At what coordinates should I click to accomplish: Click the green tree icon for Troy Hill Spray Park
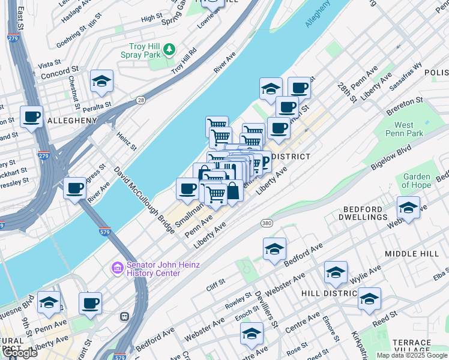pos(170,49)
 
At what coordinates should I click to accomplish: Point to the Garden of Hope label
pos(416,181)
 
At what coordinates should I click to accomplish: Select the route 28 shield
pos(140,100)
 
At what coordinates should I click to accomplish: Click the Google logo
pos(19,353)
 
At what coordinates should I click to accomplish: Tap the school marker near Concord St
pos(101,82)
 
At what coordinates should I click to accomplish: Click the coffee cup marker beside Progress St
pos(75,188)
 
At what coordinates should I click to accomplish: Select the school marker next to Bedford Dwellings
pos(408,208)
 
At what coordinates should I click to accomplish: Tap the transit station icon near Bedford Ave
pos(125,316)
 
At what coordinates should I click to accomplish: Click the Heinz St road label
pos(127,142)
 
